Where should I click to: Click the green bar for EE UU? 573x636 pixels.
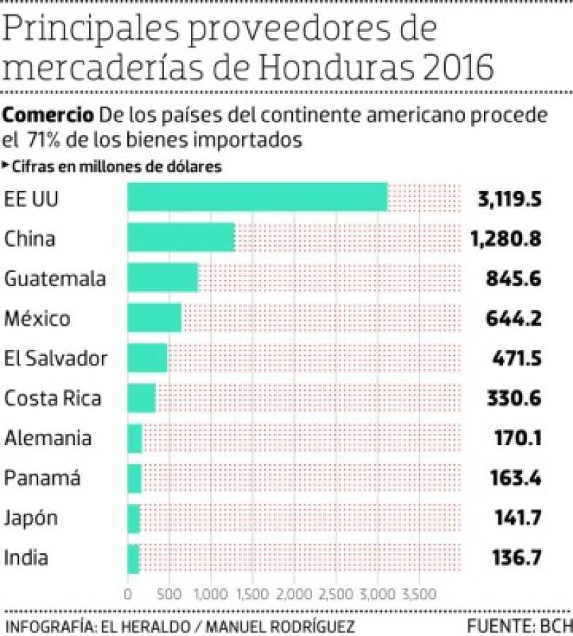tap(257, 197)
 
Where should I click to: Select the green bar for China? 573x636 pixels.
tap(181, 237)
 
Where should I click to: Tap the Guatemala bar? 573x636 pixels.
tap(163, 278)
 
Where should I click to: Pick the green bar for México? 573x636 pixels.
tap(154, 318)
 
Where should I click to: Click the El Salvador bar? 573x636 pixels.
tap(147, 358)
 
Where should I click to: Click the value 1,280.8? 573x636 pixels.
tap(505, 238)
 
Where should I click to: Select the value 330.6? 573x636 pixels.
tap(514, 398)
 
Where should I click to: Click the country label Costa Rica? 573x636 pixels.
tap(53, 398)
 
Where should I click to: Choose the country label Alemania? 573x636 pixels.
tap(48, 438)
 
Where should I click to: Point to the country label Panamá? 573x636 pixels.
tap(42, 478)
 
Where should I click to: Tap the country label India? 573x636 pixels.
tap(27, 558)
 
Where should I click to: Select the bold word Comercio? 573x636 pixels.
tap(47, 114)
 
